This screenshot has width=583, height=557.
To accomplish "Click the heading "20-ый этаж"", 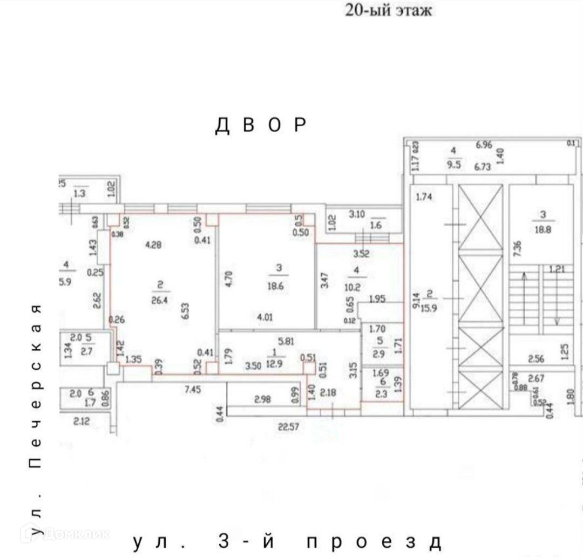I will coord(388,10).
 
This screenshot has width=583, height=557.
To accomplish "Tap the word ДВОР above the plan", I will coord(262,125).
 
